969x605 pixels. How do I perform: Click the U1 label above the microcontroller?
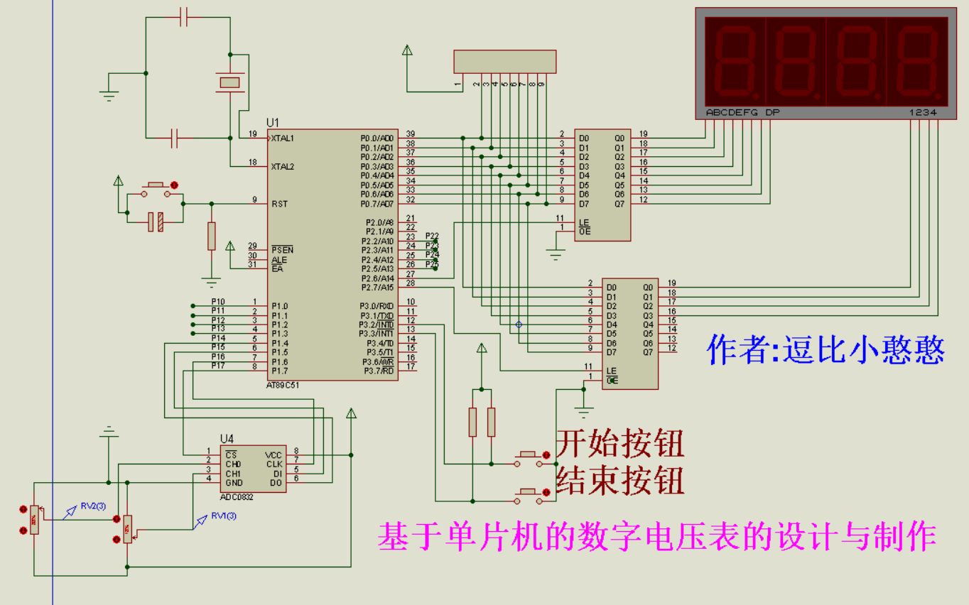click(273, 122)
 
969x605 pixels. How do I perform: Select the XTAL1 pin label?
click(282, 138)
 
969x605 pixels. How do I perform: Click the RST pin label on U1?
click(279, 204)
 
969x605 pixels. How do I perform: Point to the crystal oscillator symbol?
click(229, 83)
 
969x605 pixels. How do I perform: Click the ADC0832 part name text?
click(237, 496)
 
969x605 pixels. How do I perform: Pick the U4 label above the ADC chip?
click(226, 439)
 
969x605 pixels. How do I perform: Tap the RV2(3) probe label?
click(92, 506)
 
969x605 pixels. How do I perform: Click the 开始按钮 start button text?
click(620, 444)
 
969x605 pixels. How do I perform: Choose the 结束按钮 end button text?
click(620, 481)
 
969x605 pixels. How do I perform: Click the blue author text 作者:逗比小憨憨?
click(825, 349)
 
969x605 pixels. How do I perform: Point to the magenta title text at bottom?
click(656, 537)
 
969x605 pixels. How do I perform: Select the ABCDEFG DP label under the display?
click(742, 112)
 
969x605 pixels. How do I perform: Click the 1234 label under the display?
click(923, 112)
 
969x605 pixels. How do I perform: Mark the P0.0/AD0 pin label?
click(377, 138)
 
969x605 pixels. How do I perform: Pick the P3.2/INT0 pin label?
click(377, 325)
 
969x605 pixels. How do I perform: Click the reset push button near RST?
click(156, 188)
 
